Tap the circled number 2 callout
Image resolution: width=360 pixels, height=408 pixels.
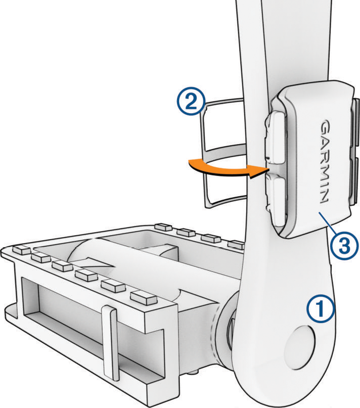191,102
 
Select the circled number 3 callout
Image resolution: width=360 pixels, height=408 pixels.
344,246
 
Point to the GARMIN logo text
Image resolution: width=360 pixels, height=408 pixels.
324,161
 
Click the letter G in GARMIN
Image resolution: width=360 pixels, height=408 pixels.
324,126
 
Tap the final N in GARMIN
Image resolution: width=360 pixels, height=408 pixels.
325,197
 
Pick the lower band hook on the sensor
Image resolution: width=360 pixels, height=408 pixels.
276,198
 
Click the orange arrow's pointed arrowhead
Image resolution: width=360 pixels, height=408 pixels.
258,171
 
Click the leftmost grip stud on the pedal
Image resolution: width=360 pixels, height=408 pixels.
21,250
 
